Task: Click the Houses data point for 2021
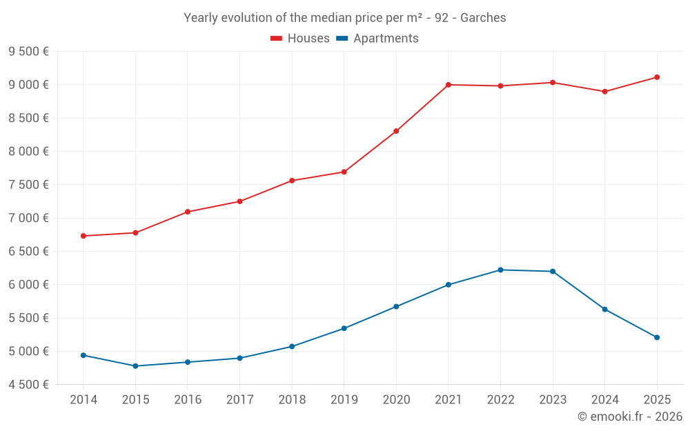tap(448, 85)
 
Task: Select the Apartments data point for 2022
tap(500, 270)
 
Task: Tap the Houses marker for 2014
tap(83, 236)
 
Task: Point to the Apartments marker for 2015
tap(135, 366)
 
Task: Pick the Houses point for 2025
tap(657, 77)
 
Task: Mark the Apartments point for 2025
tap(657, 337)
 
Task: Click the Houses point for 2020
tap(396, 131)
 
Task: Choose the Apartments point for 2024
tap(605, 309)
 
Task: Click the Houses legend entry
tap(300, 39)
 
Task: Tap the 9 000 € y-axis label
tap(28, 85)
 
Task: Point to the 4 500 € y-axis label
tap(28, 385)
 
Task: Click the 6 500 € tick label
tap(28, 251)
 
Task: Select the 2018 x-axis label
tap(292, 400)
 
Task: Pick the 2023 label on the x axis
tap(553, 400)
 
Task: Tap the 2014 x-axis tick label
tap(83, 400)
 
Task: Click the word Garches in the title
tap(484, 18)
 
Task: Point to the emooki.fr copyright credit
tap(630, 417)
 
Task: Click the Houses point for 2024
tap(605, 92)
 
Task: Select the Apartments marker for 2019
tap(344, 328)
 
